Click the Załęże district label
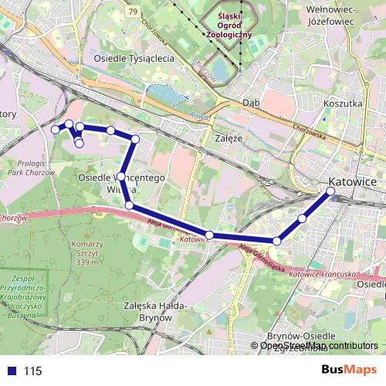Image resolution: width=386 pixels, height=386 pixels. [x=227, y=138]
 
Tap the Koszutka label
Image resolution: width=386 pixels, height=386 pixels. [x=344, y=103]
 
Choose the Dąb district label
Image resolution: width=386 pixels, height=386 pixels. [x=250, y=102]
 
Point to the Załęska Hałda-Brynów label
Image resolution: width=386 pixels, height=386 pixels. [x=151, y=310]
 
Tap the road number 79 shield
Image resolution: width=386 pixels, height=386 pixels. [x=134, y=11]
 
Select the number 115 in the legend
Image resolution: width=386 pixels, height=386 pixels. [x=32, y=371]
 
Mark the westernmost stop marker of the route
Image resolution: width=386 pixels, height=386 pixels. [x=56, y=130]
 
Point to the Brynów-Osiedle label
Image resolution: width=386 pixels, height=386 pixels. [x=300, y=337]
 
